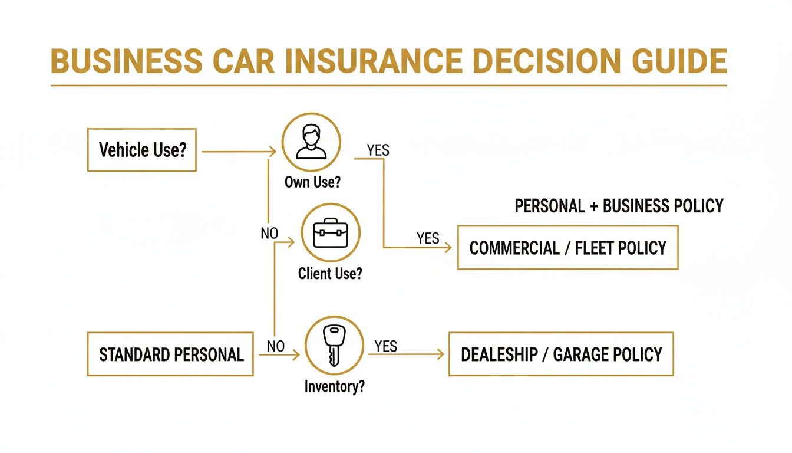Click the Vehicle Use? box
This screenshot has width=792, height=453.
[141, 150]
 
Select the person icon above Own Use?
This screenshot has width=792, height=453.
[311, 142]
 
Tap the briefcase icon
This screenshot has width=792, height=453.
[331, 234]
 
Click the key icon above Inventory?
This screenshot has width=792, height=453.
[334, 346]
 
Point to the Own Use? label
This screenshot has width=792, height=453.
[312, 182]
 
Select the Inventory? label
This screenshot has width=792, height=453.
[334, 387]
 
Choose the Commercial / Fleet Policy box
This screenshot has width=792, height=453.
[567, 248]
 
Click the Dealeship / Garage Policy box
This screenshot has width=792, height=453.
[561, 354]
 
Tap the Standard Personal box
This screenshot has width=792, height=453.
[170, 354]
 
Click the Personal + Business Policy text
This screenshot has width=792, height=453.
[619, 206]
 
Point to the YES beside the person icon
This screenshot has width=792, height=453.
[378, 150]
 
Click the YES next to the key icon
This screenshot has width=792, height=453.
[385, 346]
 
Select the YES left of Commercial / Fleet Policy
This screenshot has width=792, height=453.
[428, 238]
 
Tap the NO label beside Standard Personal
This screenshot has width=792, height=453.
[275, 347]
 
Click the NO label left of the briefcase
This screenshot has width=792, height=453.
[269, 234]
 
